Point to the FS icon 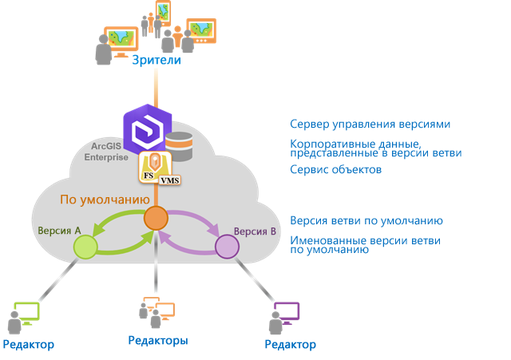tap(149, 170)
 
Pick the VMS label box tap(170, 180)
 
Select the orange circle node tap(155, 217)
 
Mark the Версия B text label tap(255, 231)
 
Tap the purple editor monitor tap(286, 311)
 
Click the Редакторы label tap(158, 341)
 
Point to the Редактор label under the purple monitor tap(291, 345)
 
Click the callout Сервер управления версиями tap(370, 125)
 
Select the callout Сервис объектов tap(335, 170)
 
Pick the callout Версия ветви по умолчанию tap(366, 220)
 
